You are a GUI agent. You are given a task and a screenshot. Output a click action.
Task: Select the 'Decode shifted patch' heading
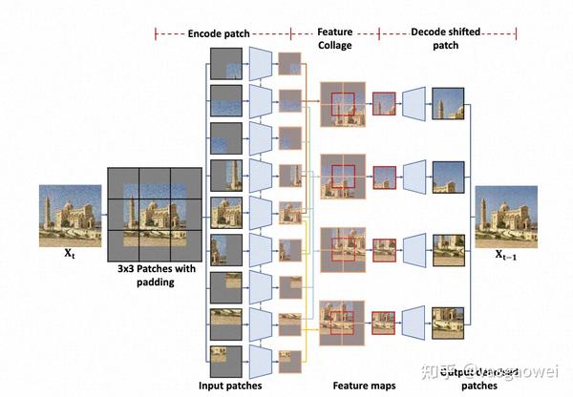point(447,38)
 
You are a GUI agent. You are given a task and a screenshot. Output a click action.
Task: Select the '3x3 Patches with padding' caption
point(154,277)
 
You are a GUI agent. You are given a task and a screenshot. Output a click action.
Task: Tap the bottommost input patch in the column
point(226,362)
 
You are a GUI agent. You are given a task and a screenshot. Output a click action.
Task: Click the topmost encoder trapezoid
point(261,64)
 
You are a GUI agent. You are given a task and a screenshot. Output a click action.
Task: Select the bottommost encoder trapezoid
point(261,362)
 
